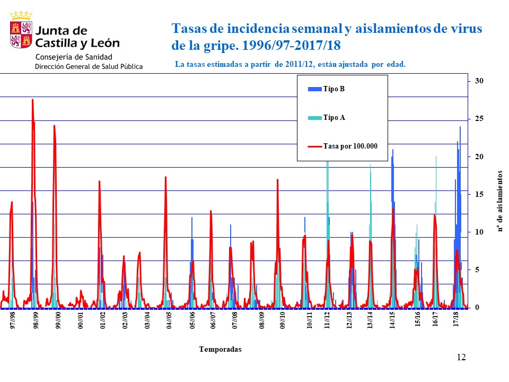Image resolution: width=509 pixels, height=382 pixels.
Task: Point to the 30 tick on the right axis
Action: coord(479,81)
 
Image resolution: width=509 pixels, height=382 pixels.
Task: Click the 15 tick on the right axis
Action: coord(479,195)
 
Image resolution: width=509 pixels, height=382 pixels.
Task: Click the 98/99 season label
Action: coord(36,320)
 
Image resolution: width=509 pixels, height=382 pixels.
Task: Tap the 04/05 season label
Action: coord(169,320)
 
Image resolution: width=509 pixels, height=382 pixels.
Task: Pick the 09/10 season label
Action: coord(283,320)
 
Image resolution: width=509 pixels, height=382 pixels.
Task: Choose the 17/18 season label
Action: coord(457,320)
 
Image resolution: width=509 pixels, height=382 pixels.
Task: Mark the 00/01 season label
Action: coord(81,320)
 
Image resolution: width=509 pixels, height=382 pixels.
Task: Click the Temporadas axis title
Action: coord(220,349)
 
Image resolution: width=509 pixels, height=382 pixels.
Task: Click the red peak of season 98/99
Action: coord(32,100)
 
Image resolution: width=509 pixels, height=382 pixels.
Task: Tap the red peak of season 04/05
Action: coord(166,177)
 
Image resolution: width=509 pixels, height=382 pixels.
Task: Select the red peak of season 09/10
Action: coord(277,180)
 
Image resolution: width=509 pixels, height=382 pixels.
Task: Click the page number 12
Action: coord(461,358)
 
